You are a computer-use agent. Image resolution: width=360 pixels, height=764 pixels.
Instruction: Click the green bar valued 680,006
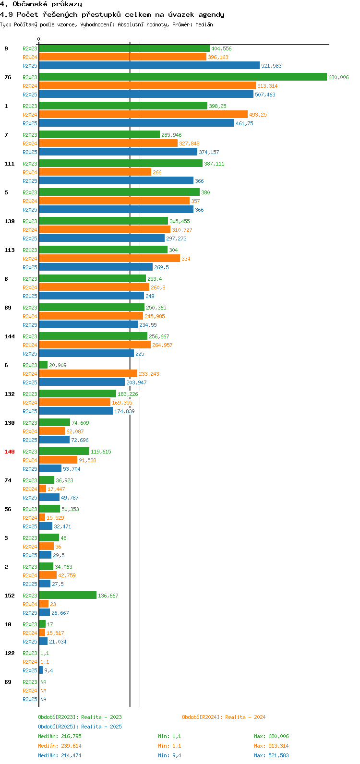pyautogui.click(x=182, y=77)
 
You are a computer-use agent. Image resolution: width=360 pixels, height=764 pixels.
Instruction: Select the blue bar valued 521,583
pyautogui.click(x=149, y=66)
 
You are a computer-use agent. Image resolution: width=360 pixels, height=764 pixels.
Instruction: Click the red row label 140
pyautogui.click(x=10, y=452)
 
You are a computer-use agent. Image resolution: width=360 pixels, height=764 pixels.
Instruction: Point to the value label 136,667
pyautogui.click(x=108, y=596)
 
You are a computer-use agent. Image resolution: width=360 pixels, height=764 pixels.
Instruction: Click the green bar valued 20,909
pyautogui.click(x=43, y=365)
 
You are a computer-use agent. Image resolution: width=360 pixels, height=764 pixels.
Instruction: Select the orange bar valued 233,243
pyautogui.click(x=88, y=374)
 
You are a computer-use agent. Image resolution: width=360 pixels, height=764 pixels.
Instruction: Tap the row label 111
pyautogui.click(x=10, y=164)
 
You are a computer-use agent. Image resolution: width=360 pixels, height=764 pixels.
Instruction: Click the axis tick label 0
pyautogui.click(x=39, y=39)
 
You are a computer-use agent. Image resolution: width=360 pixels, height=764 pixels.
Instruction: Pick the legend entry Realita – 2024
pyautogui.click(x=223, y=717)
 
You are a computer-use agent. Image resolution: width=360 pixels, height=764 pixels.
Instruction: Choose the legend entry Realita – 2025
pyautogui.click(x=80, y=727)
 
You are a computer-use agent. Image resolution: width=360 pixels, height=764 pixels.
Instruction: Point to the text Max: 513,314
pyautogui.click(x=271, y=746)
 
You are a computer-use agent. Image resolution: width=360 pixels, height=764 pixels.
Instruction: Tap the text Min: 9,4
pyautogui.click(x=169, y=755)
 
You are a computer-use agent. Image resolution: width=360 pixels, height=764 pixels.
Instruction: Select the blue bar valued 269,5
pyautogui.click(x=96, y=267)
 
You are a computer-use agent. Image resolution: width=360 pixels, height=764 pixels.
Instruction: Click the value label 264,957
pyautogui.click(x=162, y=345)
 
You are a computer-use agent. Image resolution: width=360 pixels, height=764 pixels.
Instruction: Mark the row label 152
pyautogui.click(x=10, y=596)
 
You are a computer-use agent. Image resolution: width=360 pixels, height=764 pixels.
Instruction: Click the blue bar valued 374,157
pyautogui.click(x=118, y=152)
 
